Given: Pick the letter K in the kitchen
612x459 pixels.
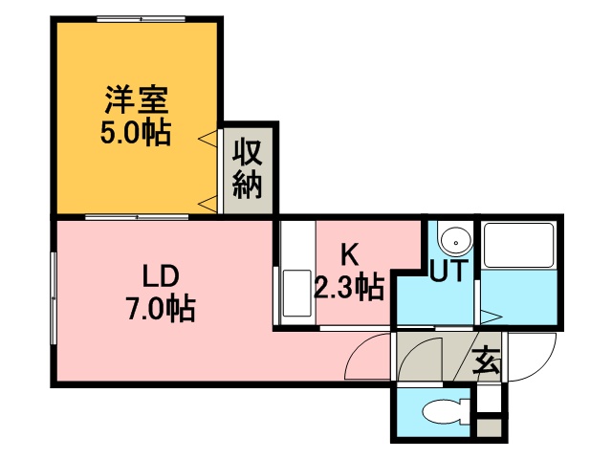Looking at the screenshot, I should [349, 254].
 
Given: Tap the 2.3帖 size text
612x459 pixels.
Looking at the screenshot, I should [349, 287].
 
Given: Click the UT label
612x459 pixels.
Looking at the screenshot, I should [448, 272].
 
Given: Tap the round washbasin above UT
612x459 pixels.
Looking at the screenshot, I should [455, 239].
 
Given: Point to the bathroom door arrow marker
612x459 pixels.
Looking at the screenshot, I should [492, 317].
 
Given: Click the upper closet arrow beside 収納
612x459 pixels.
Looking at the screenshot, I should [207, 141].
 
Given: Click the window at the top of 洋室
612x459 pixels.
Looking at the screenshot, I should [137, 17].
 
